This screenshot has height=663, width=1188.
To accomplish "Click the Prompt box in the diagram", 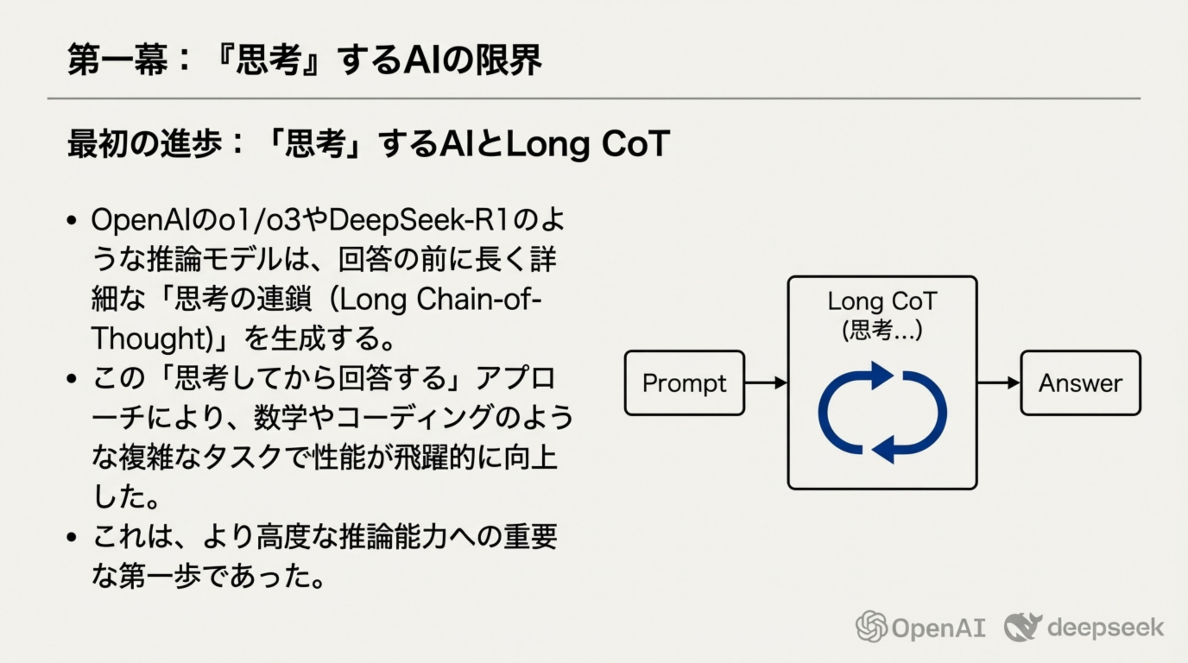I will tap(684, 383).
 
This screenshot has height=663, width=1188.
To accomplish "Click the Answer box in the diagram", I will tap(1080, 383).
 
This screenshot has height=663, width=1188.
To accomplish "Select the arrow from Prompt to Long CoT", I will tap(765, 383).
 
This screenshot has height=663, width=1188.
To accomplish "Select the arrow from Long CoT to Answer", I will tap(998, 383).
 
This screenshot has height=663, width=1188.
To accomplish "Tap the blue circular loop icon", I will tap(882, 413).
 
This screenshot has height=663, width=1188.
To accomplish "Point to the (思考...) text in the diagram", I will tap(882, 330).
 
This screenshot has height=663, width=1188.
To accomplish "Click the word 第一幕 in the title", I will tap(117, 60).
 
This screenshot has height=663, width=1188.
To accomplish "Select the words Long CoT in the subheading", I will tap(588, 144).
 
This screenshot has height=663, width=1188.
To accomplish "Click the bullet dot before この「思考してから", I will tap(71, 379).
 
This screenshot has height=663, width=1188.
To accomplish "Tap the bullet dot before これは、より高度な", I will tap(71, 537).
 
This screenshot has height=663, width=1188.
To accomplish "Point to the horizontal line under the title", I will tap(594, 98).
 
